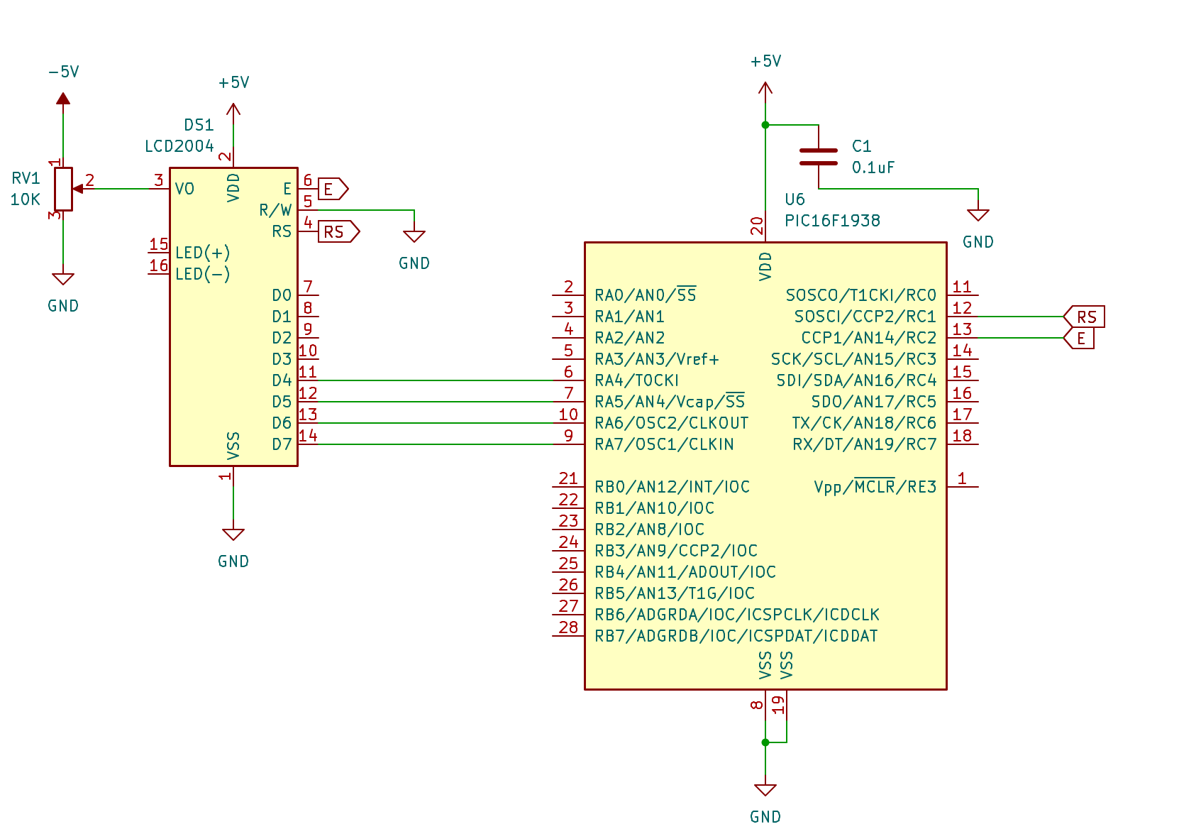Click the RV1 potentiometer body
(63, 189)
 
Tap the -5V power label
(63, 72)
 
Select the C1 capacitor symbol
(819, 157)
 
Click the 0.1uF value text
(873, 168)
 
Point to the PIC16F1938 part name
(832, 221)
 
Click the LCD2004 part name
(179, 146)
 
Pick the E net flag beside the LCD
(333, 189)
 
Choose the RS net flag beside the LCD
(339, 231)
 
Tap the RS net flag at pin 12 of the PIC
(1084, 317)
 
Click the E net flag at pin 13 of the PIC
(1079, 338)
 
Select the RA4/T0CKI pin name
(636, 380)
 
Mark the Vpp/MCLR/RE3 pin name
(875, 486)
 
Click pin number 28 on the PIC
(568, 627)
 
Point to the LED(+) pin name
(203, 253)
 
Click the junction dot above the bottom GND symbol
(765, 742)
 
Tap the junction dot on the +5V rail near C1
(765, 126)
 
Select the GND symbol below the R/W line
(414, 236)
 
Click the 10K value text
(26, 199)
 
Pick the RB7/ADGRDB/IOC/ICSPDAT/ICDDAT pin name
(736, 636)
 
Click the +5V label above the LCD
(233, 82)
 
